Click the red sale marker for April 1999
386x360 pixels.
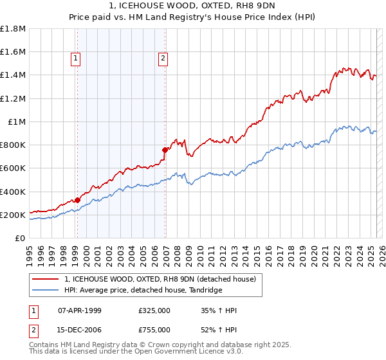tap(77, 200)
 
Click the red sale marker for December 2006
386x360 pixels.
tap(165, 150)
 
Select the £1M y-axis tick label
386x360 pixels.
tap(17, 122)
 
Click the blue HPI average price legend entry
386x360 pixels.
tap(143, 291)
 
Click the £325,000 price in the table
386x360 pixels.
tap(154, 310)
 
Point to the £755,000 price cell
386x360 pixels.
tap(154, 330)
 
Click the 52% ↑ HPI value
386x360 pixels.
tap(219, 330)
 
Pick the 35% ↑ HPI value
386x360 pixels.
tap(219, 310)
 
